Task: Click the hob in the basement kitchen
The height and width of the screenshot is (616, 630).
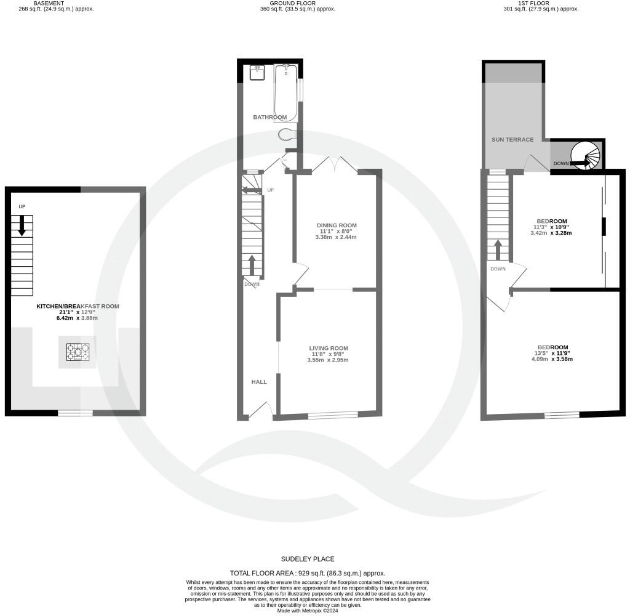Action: (x=78, y=352)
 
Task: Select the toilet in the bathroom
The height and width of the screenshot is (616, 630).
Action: (x=287, y=134)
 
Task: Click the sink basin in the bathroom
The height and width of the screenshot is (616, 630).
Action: (x=258, y=73)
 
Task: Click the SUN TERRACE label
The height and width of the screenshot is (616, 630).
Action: (x=512, y=140)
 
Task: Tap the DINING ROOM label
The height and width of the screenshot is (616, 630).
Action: (x=336, y=225)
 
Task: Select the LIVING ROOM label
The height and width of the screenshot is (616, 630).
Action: (x=329, y=348)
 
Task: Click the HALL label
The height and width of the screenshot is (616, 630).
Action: (x=259, y=382)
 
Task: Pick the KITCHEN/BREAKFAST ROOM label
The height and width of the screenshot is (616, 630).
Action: (x=78, y=306)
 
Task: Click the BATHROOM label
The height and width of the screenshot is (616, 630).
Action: (x=270, y=117)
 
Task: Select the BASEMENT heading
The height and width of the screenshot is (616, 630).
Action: (x=49, y=3)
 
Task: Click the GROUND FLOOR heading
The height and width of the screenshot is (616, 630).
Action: (x=297, y=3)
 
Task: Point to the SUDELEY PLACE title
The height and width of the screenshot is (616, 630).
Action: (x=308, y=559)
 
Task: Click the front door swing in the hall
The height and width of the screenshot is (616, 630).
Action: (x=261, y=409)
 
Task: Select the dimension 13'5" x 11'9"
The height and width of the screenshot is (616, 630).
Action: (x=552, y=354)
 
